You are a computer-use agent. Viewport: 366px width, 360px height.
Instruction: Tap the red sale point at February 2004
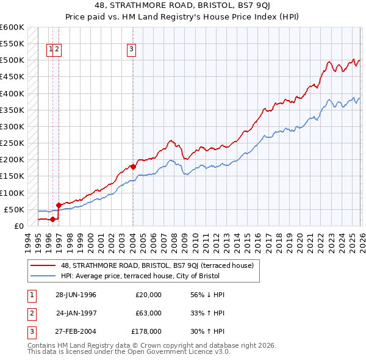[x=133, y=167]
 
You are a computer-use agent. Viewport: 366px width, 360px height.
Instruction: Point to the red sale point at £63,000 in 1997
[x=59, y=205]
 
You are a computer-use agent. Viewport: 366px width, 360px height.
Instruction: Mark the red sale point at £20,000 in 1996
[x=53, y=219]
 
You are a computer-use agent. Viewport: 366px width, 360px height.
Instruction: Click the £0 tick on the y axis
[x=18, y=226]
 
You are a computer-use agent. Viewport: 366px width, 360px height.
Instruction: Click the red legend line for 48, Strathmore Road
[x=43, y=265]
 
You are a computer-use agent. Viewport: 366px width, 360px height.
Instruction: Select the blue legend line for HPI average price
[x=43, y=275]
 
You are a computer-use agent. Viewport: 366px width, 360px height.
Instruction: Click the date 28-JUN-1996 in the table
[x=76, y=295]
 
